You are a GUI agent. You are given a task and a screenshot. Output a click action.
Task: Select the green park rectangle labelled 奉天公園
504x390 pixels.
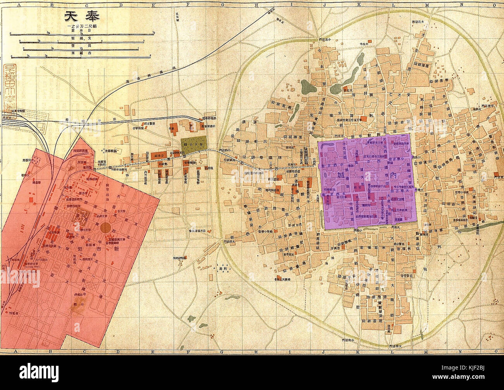click(194, 145)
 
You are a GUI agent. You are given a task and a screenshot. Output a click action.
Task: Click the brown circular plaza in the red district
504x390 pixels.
click(106, 227)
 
